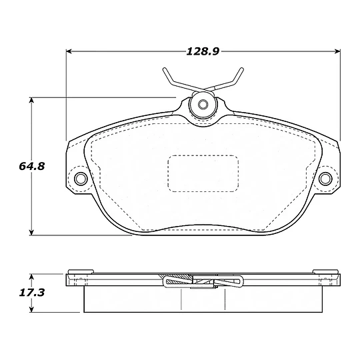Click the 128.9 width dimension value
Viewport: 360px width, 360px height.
(x=203, y=51)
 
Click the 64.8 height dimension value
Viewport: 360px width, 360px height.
(x=32, y=166)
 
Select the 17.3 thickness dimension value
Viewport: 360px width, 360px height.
(x=32, y=293)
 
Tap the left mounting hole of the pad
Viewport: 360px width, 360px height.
(x=81, y=178)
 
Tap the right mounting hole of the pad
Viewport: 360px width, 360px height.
(x=325, y=178)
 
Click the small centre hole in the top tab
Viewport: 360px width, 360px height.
(x=203, y=105)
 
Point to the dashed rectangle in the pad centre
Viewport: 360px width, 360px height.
(x=203, y=173)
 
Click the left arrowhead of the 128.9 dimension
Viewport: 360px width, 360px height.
(x=69, y=51)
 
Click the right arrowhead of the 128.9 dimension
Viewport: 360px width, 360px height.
(x=337, y=51)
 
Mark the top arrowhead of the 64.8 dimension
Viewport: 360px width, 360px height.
(x=32, y=100)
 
